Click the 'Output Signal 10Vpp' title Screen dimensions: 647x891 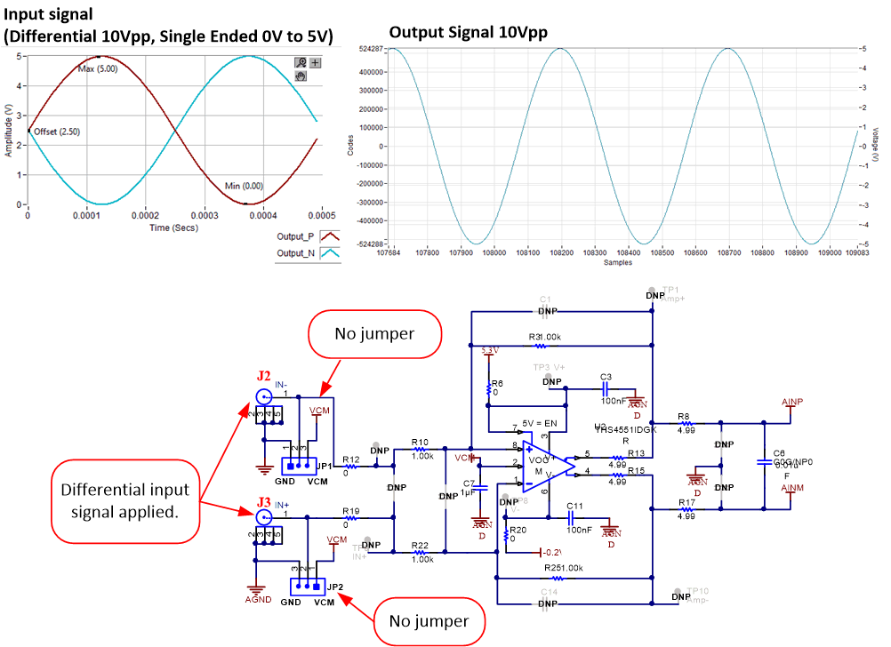[468, 32]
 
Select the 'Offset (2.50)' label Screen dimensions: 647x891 [57, 132]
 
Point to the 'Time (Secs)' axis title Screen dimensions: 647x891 [173, 228]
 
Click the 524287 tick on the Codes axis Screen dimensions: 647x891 [370, 48]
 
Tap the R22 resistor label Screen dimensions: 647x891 [420, 546]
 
